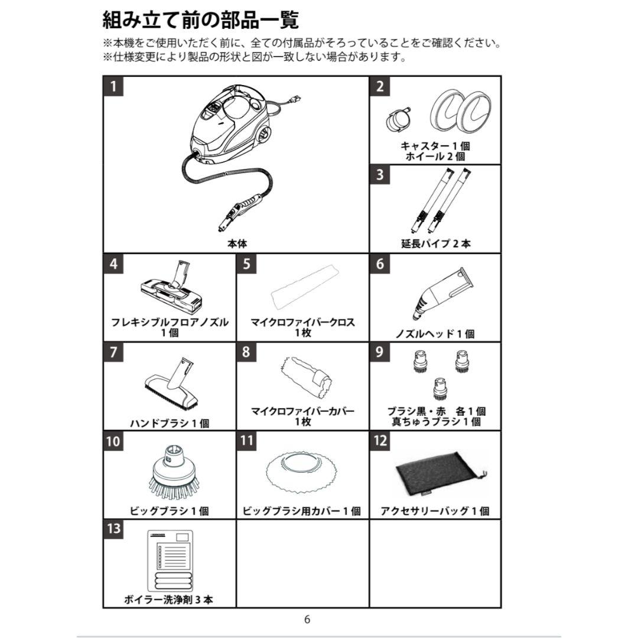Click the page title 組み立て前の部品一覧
201,20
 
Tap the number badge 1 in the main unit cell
113,86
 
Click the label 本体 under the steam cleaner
237,243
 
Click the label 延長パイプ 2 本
436,243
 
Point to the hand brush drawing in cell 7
172,384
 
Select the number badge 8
246,352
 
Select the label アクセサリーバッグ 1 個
435,511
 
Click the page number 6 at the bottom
307,620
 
